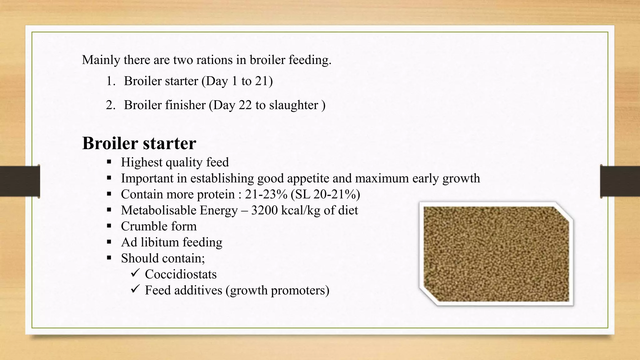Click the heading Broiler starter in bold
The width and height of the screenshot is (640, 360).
139,143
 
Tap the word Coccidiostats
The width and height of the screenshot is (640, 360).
181,274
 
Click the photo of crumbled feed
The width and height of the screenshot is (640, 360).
496,254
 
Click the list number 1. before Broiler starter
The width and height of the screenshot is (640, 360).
111,81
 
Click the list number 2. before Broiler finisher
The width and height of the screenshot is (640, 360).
111,105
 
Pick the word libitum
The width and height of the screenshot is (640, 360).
160,242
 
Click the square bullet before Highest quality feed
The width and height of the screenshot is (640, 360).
109,162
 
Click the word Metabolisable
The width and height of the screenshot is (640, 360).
159,210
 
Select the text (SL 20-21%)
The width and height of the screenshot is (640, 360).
325,194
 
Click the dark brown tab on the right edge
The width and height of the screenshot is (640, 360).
620,181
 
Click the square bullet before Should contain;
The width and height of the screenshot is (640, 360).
109,258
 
